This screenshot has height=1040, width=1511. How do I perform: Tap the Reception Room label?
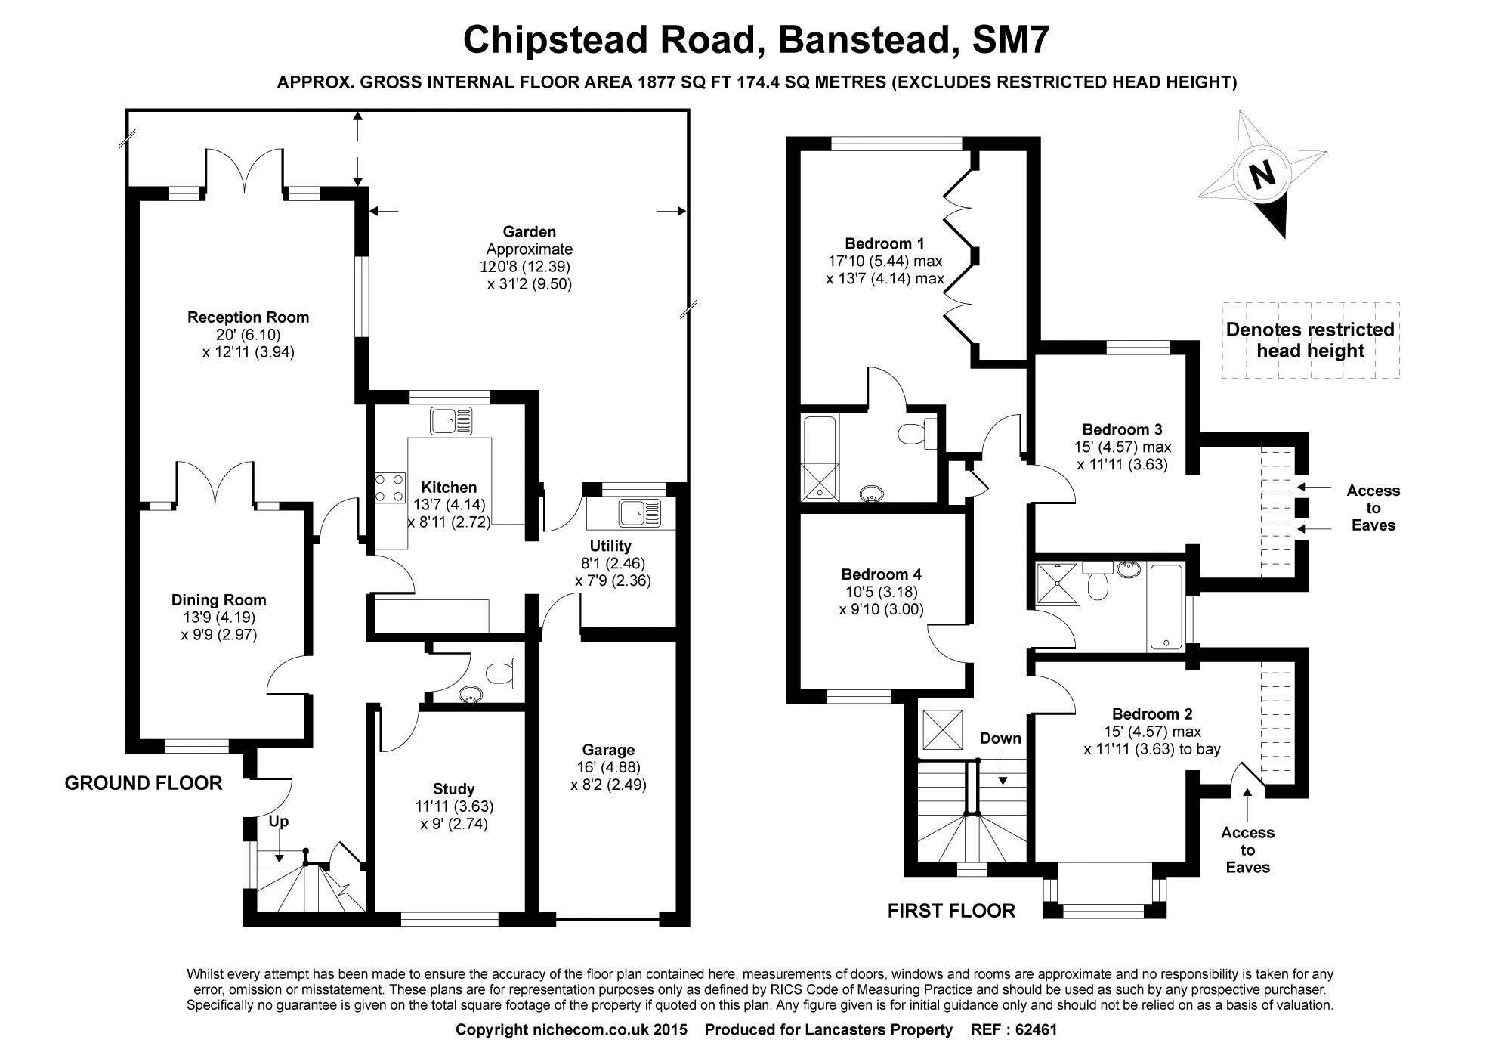[x=248, y=317]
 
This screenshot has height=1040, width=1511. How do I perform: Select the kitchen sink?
[x=450, y=420]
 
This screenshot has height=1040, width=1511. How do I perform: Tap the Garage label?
[x=608, y=750]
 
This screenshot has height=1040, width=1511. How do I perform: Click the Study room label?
[x=454, y=788]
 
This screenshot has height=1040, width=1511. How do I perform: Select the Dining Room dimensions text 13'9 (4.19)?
[x=219, y=617]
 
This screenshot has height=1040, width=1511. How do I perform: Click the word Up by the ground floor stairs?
[x=278, y=822]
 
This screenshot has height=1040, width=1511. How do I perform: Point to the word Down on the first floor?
[x=1000, y=738]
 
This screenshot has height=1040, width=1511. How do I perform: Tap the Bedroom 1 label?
[x=885, y=243]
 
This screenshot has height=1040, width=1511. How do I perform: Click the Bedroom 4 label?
[x=881, y=574]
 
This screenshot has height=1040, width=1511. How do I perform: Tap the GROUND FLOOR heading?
[x=144, y=783]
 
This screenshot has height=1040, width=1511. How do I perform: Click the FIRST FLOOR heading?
[x=951, y=911]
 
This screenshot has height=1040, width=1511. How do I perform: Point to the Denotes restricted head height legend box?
[x=1310, y=340]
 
